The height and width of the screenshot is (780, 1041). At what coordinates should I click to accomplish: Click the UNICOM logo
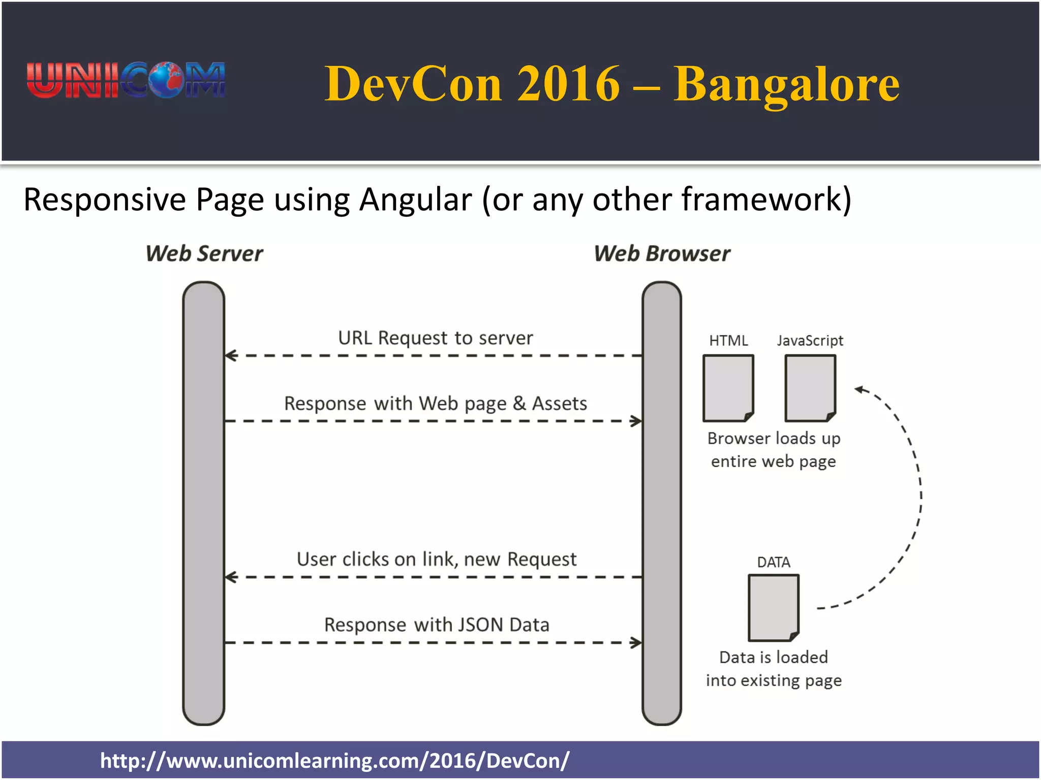click(x=126, y=80)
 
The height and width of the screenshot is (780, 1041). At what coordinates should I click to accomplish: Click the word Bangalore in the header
click(x=786, y=84)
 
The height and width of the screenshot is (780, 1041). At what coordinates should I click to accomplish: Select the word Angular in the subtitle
click(x=415, y=200)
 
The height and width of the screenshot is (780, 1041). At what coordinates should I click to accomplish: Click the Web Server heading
click(x=204, y=253)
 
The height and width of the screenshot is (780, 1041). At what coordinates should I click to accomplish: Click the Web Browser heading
click(x=662, y=253)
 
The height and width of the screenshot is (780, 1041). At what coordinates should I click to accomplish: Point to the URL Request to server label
click(x=436, y=338)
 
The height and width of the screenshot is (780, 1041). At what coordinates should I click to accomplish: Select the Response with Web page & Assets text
click(x=436, y=403)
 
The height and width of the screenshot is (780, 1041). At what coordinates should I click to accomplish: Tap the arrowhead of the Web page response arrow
click(x=636, y=421)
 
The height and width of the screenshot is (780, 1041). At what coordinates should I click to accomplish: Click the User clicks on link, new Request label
click(x=437, y=559)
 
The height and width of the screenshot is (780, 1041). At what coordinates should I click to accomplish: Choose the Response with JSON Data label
click(x=437, y=625)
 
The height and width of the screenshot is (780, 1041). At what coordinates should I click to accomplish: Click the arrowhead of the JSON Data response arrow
click(x=636, y=643)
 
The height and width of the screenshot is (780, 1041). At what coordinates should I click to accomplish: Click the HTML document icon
click(x=728, y=388)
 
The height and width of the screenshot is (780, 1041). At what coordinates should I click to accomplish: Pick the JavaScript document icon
click(x=810, y=388)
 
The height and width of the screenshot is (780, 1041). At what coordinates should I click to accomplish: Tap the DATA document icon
click(x=773, y=607)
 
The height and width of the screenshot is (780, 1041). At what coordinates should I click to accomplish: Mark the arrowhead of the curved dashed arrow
click(x=859, y=389)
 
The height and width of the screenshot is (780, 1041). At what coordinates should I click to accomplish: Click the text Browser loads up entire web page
click(x=773, y=449)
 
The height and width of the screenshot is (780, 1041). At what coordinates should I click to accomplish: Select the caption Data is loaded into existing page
click(x=773, y=668)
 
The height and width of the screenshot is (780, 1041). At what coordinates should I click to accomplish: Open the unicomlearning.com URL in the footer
click(x=334, y=761)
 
